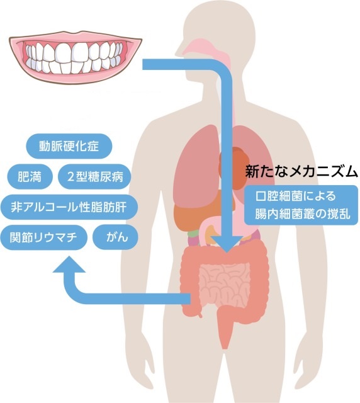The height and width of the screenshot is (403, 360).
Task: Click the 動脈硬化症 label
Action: [x=69, y=146]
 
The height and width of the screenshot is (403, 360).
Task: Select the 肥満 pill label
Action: [x=30, y=177]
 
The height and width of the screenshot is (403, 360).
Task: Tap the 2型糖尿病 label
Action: [x=95, y=177]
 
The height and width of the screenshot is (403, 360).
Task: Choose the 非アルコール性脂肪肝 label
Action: [x=69, y=207]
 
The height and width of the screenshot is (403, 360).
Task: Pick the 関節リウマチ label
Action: [x=43, y=237]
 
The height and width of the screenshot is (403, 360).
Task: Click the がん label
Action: [x=116, y=237]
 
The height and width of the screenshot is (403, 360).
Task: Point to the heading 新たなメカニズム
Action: [x=301, y=172]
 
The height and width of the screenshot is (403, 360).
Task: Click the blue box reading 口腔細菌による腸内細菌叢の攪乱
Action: [x=301, y=205]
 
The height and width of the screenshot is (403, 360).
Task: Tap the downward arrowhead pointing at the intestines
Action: [x=227, y=244]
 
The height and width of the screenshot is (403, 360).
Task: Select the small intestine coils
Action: [x=224, y=284]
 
